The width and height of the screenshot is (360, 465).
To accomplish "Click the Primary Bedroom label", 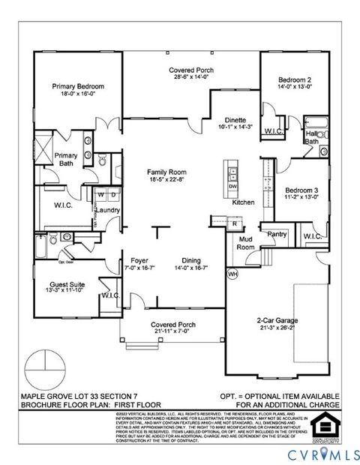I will coord(78,87).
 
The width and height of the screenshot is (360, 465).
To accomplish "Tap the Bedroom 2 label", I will coord(294,79).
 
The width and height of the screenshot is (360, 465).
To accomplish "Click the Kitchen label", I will coord(243,202).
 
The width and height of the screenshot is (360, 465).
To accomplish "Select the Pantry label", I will coord(277,234).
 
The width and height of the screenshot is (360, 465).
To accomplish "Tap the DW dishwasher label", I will coord(232,186).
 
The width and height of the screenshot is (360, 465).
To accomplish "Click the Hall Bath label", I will coord(311,137).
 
